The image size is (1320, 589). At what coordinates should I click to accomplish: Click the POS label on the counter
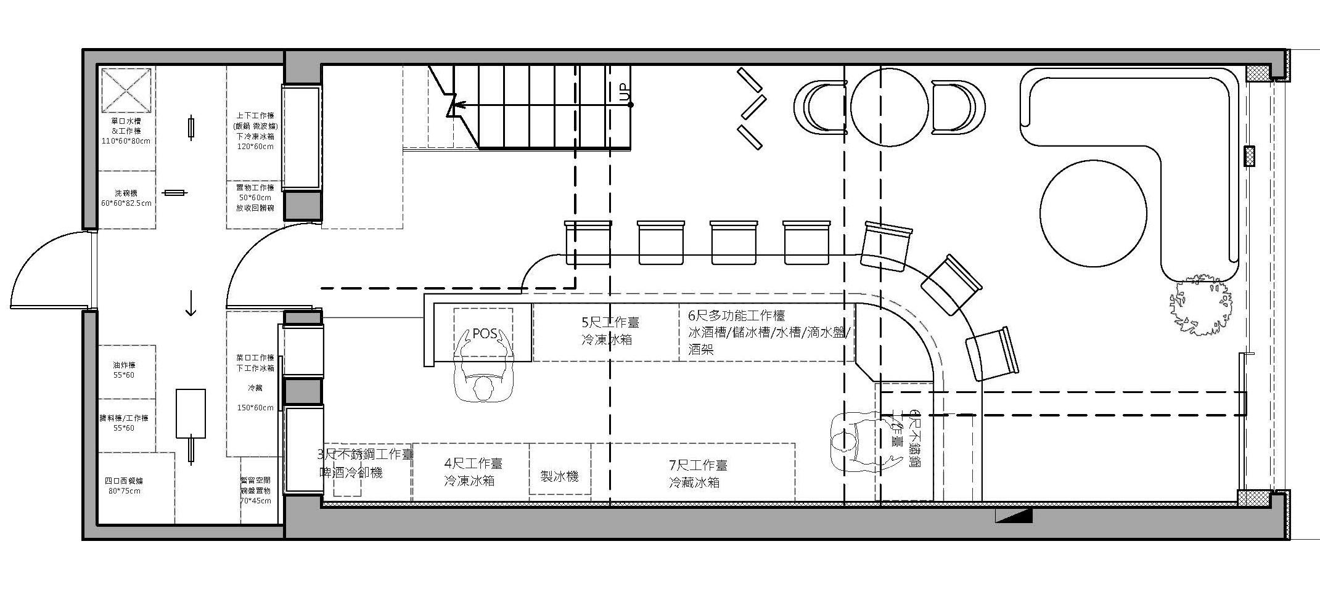[x=484, y=333]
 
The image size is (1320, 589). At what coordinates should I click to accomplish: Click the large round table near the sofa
[x=1093, y=213]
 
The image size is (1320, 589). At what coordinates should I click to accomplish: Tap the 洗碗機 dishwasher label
[x=126, y=193]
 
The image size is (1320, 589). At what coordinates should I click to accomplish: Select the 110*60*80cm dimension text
[x=126, y=141]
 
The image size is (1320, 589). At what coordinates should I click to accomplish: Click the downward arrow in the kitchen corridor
[x=191, y=303]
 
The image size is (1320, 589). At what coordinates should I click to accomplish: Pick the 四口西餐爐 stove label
[x=124, y=481]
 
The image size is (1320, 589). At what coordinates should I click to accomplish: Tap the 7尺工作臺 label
[x=697, y=465]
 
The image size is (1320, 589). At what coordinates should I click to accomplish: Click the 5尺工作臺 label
[x=610, y=322]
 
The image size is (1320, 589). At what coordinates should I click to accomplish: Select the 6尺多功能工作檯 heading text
[x=736, y=315]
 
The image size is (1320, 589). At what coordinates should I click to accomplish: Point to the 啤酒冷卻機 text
[x=351, y=473]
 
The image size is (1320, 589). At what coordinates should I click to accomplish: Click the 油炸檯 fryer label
[x=124, y=365]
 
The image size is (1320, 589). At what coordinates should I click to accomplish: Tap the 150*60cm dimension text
[x=255, y=407]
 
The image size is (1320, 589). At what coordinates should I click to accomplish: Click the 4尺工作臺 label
[x=473, y=463]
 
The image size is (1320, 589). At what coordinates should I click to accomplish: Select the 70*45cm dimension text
[x=255, y=501]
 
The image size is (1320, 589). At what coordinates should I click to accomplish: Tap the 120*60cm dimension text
[x=255, y=147]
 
